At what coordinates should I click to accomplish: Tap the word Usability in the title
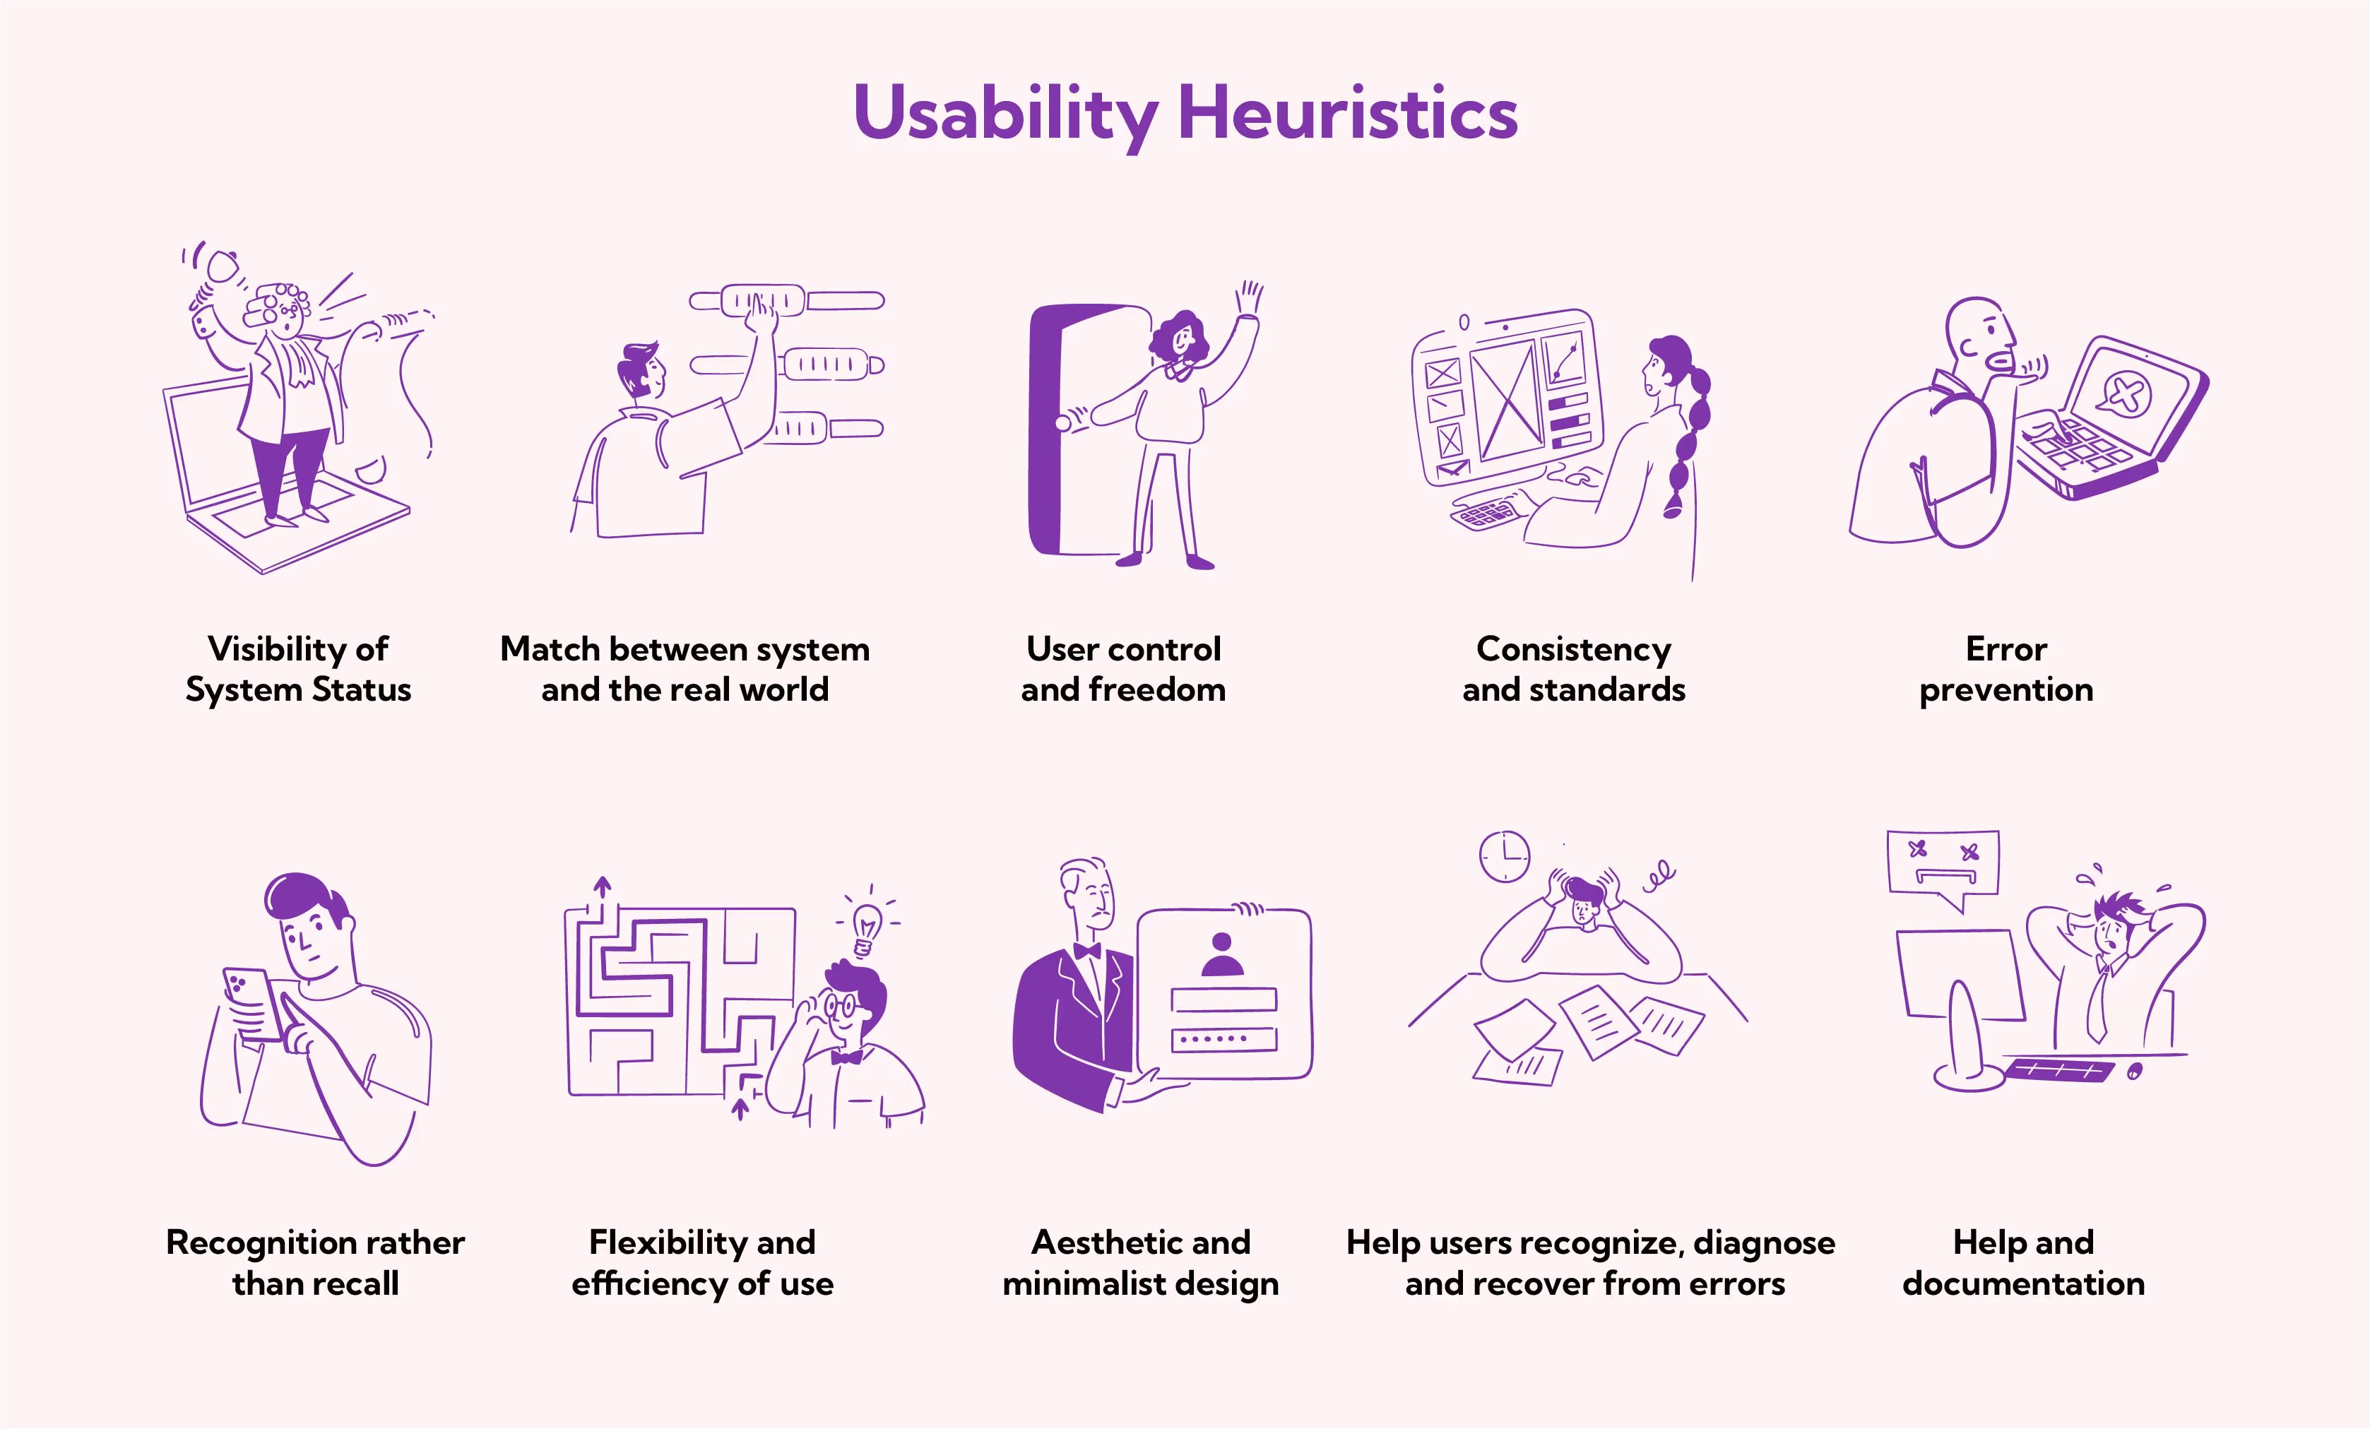tap(1005, 114)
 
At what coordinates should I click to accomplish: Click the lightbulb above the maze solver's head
tap(867, 927)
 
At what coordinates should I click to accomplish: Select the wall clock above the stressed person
tap(1505, 856)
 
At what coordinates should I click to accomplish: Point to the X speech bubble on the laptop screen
tap(2127, 393)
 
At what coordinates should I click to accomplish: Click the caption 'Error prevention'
tap(2006, 670)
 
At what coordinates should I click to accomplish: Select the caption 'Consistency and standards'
tap(1574, 670)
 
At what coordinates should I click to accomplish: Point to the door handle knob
tap(1063, 423)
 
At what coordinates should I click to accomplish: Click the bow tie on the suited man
tap(1087, 951)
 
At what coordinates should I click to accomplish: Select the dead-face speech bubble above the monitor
tap(1943, 865)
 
